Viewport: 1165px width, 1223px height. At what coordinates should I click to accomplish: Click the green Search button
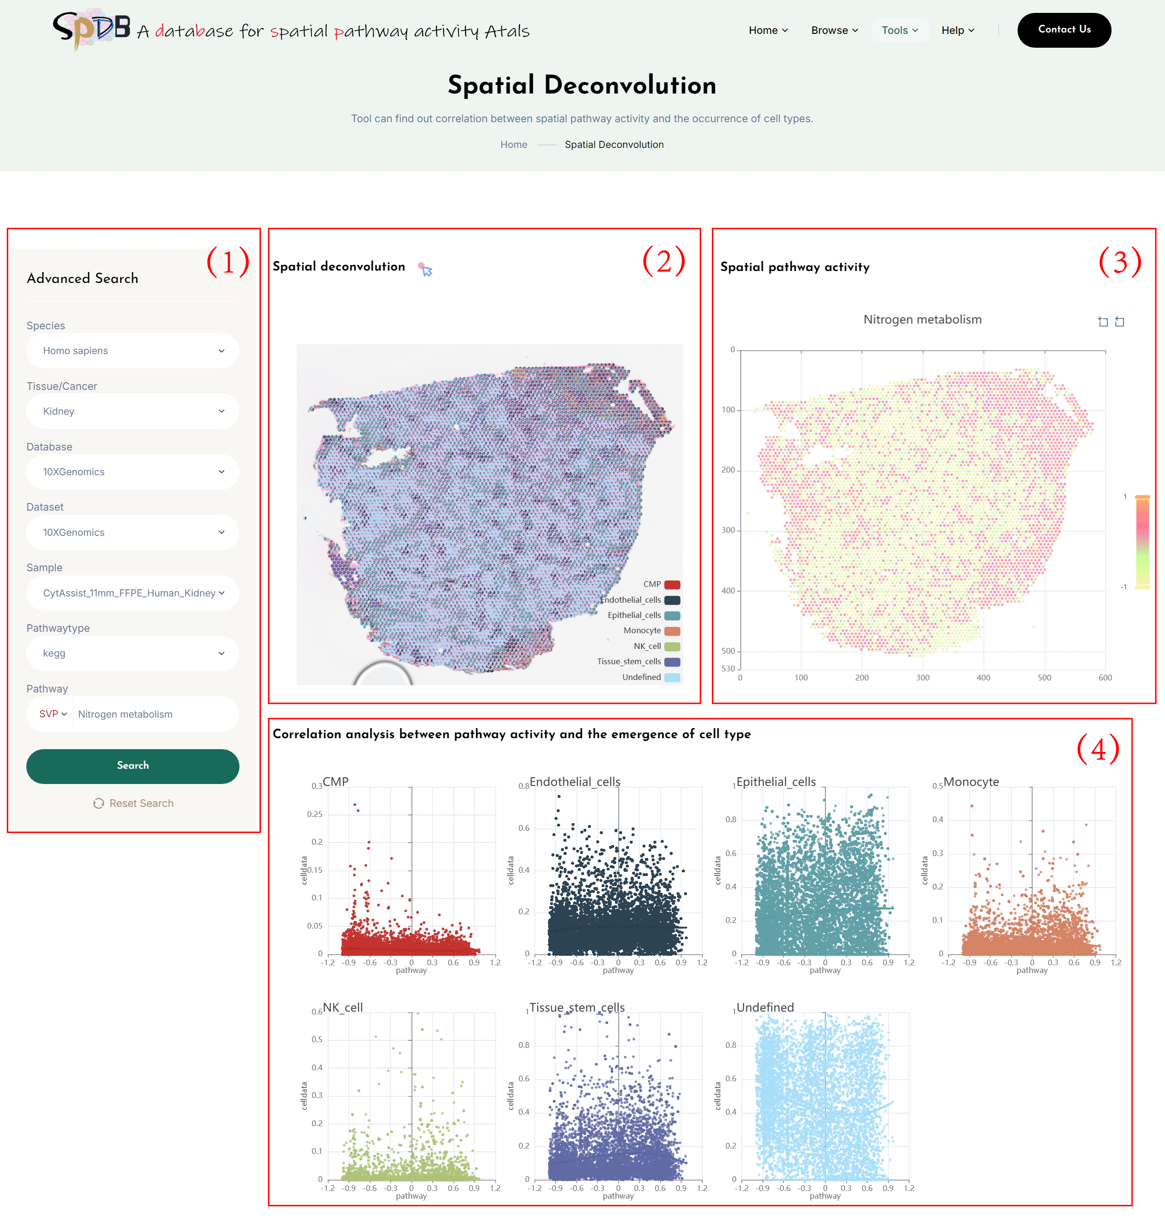coord(132,765)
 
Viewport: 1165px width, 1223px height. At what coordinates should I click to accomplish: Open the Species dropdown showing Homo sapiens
coord(132,351)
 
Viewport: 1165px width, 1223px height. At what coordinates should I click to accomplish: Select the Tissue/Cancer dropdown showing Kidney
coord(132,411)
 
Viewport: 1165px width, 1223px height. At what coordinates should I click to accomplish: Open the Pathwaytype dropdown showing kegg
coord(132,653)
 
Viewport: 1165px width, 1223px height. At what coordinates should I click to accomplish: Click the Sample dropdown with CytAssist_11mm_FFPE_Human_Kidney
coord(132,593)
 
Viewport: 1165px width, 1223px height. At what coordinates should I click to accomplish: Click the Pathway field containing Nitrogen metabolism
coord(155,714)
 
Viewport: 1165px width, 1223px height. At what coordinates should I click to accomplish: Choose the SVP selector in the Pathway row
coord(53,714)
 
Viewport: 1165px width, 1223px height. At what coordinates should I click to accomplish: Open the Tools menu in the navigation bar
coord(899,31)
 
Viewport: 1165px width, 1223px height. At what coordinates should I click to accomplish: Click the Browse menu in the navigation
coord(834,31)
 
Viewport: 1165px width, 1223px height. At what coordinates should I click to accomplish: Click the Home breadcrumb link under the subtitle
coord(514,145)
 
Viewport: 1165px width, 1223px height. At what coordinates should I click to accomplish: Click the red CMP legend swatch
coord(672,585)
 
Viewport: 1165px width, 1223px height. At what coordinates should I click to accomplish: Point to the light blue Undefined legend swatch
coord(672,677)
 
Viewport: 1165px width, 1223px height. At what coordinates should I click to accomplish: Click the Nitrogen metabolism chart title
coord(922,319)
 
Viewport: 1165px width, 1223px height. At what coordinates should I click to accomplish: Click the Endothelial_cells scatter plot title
coord(574,782)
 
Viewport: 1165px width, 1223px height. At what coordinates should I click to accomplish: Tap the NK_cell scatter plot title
coord(343,1007)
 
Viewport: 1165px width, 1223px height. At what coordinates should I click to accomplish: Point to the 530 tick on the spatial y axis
coord(728,669)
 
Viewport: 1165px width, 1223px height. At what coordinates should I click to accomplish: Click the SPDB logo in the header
coord(91,29)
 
